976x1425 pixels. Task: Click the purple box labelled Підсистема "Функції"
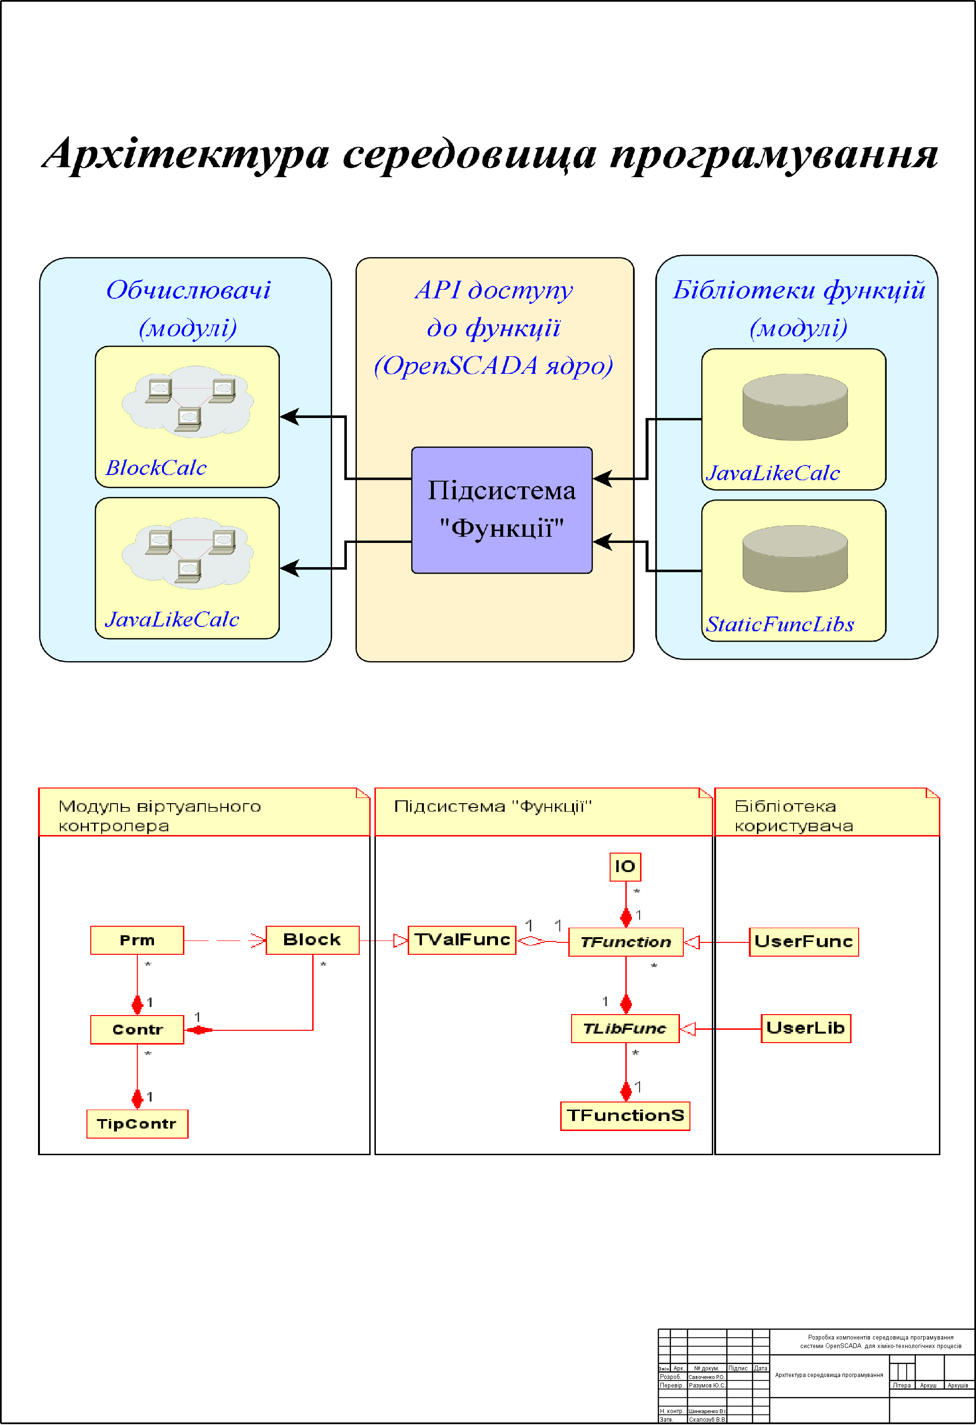(x=501, y=510)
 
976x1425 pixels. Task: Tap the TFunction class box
(x=625, y=942)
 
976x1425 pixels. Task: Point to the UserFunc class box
(x=803, y=942)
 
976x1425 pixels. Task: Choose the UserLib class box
(x=805, y=1028)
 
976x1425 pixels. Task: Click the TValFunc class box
(x=462, y=940)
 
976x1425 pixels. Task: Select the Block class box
(x=312, y=940)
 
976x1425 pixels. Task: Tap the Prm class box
(x=137, y=940)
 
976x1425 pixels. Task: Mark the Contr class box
(x=137, y=1029)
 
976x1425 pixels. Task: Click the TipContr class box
(x=137, y=1124)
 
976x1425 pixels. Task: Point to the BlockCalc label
(x=156, y=468)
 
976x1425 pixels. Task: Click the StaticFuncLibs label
(x=780, y=624)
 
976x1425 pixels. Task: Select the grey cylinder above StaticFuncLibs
(x=794, y=558)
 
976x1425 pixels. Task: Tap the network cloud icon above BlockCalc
(x=188, y=402)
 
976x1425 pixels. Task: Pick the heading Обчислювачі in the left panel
(x=188, y=290)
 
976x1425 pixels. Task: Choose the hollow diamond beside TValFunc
(x=531, y=940)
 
